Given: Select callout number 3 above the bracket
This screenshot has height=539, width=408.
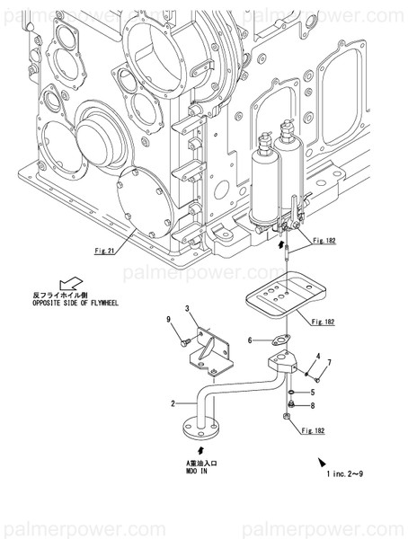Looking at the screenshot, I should pyautogui.click(x=187, y=309).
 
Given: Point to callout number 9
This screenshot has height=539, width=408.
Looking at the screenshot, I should pyautogui.click(x=168, y=321).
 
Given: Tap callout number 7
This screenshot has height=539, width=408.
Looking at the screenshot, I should pyautogui.click(x=329, y=362).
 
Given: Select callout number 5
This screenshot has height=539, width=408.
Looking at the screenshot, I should pyautogui.click(x=312, y=393).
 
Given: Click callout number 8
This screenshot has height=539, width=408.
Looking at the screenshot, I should pyautogui.click(x=312, y=406).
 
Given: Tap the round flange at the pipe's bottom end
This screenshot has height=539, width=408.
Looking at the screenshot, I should pyautogui.click(x=197, y=425).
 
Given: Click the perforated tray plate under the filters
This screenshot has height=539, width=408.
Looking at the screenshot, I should pyautogui.click(x=282, y=296).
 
